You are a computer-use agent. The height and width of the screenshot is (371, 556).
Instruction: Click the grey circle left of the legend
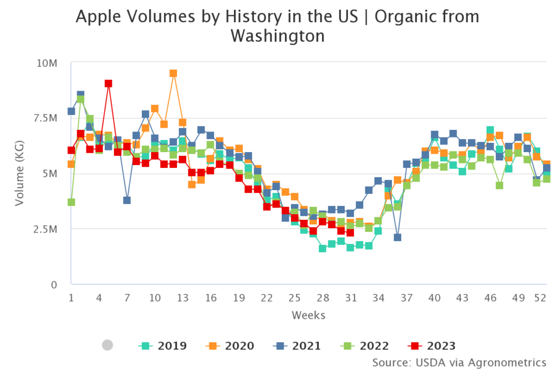(108, 345)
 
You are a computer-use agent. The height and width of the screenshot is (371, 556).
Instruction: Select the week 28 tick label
(323, 298)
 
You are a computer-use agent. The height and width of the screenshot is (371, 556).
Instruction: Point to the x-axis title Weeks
(308, 316)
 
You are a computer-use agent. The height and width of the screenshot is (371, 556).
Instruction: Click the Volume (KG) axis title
(20, 174)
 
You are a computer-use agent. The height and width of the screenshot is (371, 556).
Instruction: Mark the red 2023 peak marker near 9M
(109, 84)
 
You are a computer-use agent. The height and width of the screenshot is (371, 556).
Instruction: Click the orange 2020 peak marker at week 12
(173, 73)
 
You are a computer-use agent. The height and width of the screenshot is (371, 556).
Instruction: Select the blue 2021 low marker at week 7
(127, 200)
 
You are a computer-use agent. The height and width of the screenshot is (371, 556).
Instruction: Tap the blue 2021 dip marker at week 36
(397, 237)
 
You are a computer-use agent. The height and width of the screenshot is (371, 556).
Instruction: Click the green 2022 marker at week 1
(71, 202)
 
